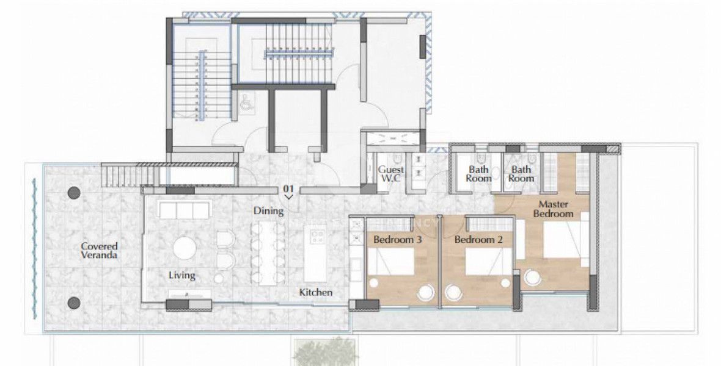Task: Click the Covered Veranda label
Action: tap(98, 251)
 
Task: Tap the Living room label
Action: tap(182, 275)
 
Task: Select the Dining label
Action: tap(269, 211)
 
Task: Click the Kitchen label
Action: tap(316, 292)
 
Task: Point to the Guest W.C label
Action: tap(391, 174)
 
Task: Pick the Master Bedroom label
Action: tap(553, 209)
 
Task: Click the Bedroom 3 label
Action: tap(398, 240)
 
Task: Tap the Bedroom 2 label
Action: tap(478, 240)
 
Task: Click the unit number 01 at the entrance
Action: tap(289, 189)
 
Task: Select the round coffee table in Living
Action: tap(185, 248)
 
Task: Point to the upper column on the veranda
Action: tap(74, 193)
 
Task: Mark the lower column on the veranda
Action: tap(74, 303)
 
